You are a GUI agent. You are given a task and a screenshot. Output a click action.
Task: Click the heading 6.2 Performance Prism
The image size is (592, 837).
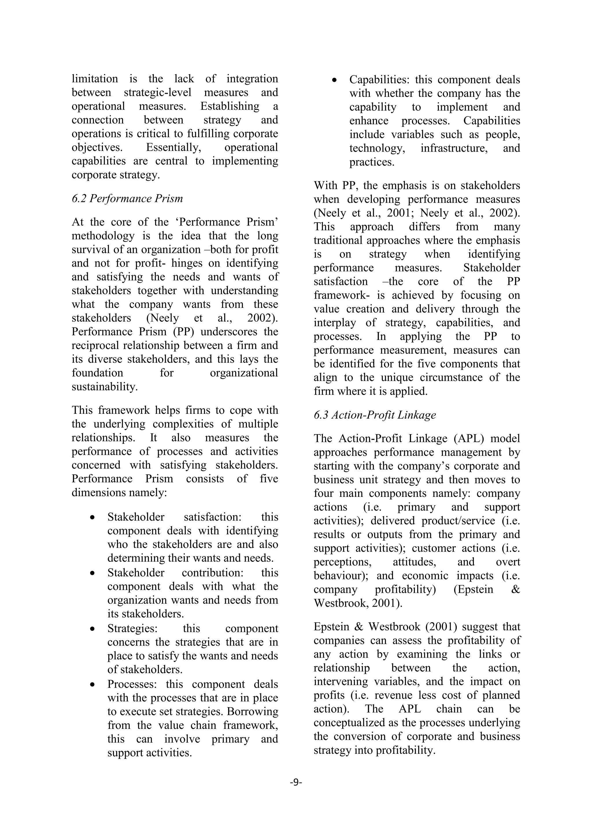coord(127,199)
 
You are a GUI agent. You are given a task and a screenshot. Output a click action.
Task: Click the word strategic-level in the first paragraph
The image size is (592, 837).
coord(158,92)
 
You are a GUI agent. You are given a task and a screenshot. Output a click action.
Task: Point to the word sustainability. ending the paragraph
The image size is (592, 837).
coord(105,386)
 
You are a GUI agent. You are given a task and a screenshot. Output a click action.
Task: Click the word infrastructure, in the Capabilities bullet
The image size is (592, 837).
coord(454,148)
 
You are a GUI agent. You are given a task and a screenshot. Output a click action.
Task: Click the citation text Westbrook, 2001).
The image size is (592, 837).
coord(358,603)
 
